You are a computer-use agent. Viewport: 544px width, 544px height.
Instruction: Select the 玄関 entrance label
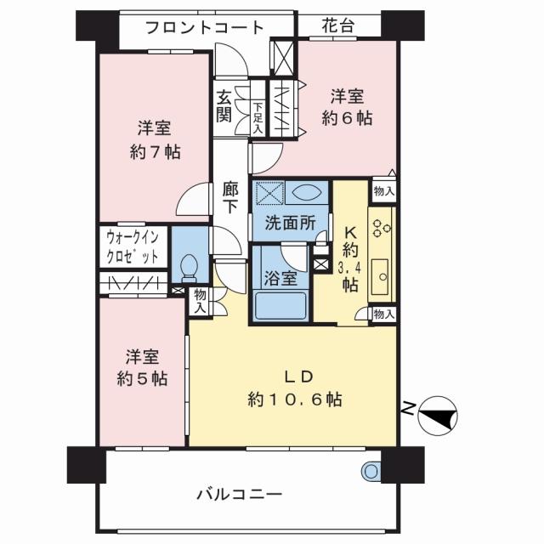point(224,107)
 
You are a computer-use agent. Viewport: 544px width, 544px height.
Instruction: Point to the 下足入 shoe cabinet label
point(258,116)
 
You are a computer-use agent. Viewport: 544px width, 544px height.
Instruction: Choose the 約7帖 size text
point(155,153)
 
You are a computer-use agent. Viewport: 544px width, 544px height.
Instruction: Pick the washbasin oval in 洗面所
point(308,193)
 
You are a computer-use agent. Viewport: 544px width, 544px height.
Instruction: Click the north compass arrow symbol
point(438,416)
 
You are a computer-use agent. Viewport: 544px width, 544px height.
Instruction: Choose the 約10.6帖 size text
point(295,398)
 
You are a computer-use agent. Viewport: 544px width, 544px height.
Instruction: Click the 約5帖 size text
point(142,379)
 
